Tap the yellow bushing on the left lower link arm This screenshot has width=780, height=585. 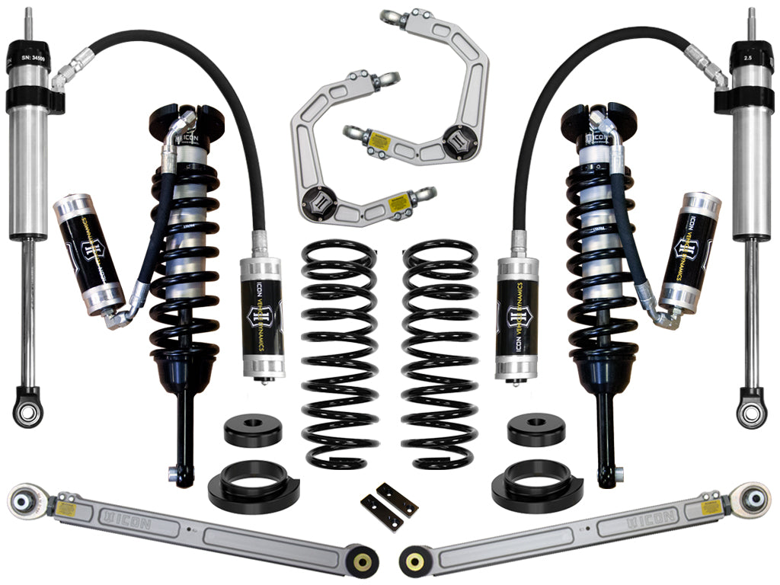[x=363, y=562]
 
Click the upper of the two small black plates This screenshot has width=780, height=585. [x=397, y=499]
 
